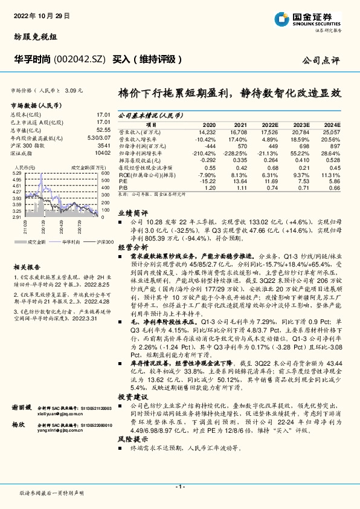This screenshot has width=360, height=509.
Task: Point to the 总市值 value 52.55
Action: point(103,129)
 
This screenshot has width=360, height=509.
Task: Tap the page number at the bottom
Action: point(179,487)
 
